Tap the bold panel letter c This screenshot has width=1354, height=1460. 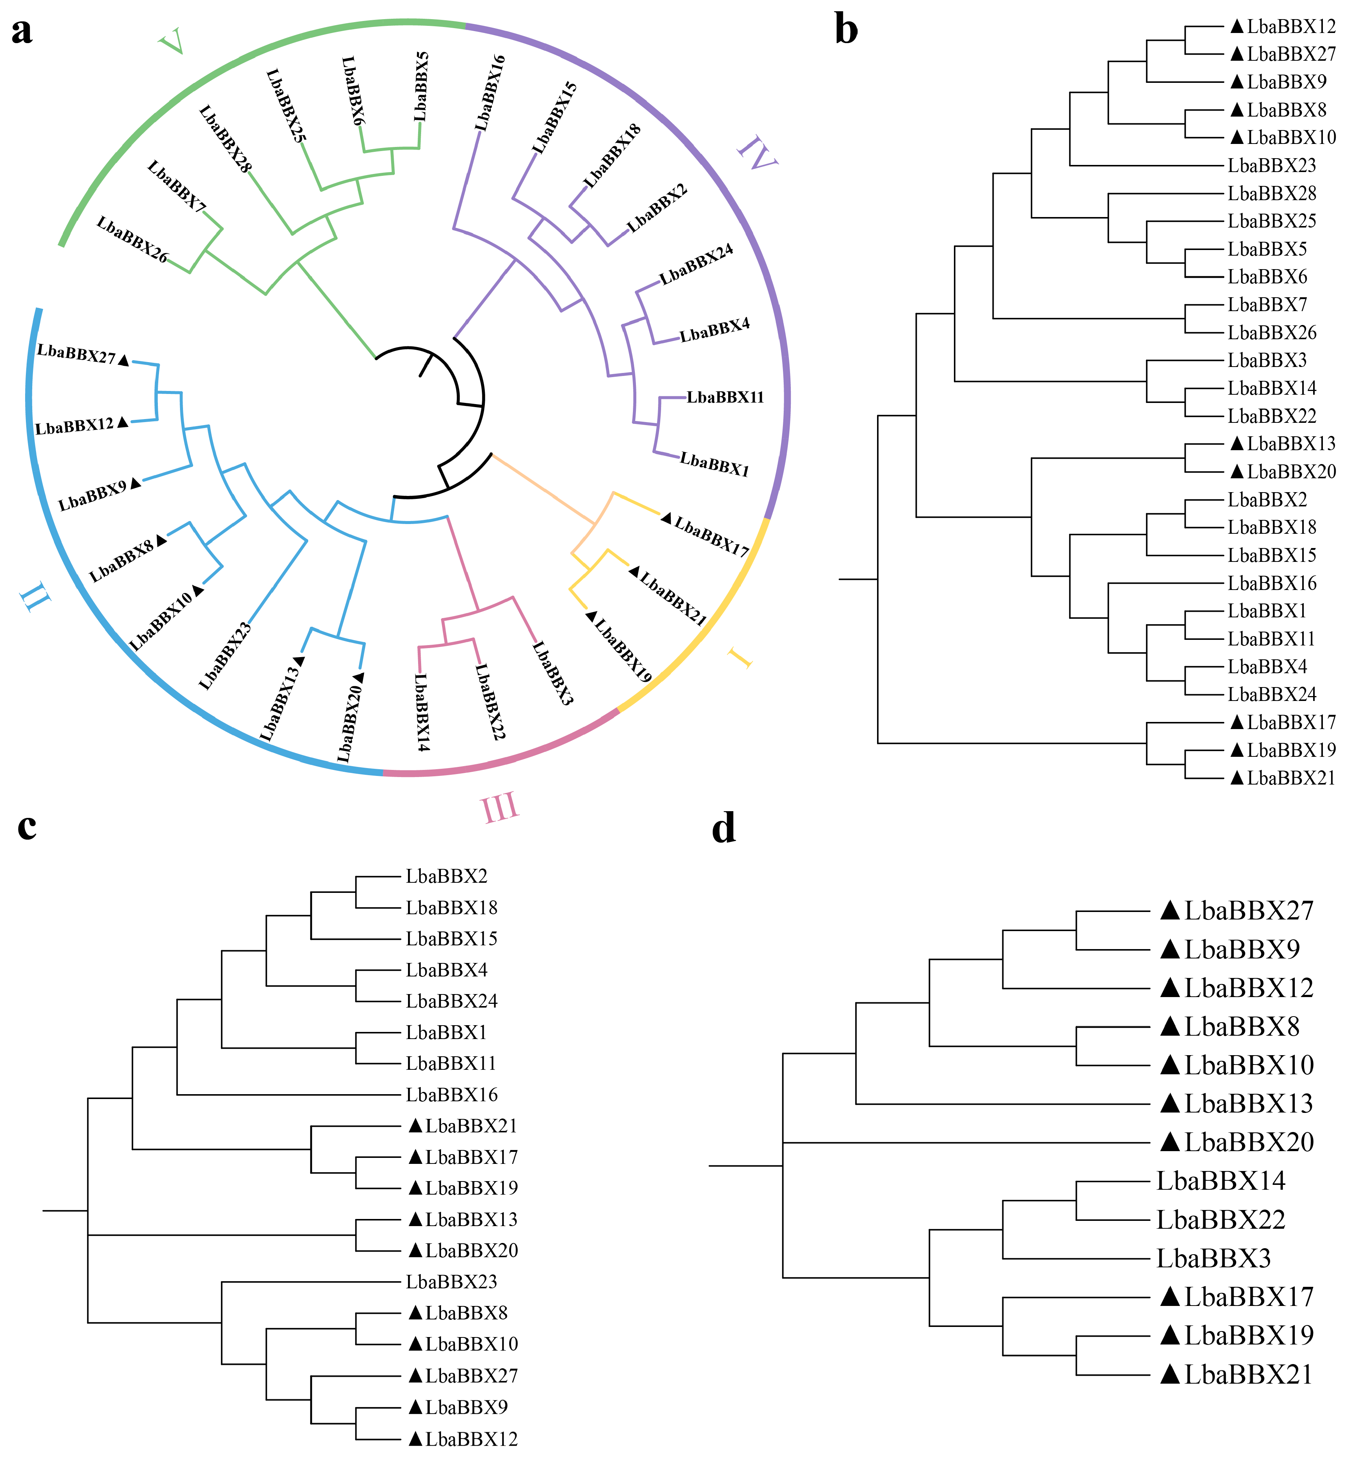pyautogui.click(x=27, y=826)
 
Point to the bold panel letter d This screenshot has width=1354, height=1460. pyautogui.click(x=724, y=828)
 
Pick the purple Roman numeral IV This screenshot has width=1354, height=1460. pyautogui.click(x=757, y=153)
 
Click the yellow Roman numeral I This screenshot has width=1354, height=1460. pyautogui.click(x=740, y=657)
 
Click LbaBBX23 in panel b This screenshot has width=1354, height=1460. pyautogui.click(x=1272, y=166)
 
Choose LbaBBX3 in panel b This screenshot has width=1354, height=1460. pyautogui.click(x=1267, y=361)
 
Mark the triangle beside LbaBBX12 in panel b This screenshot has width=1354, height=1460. pyautogui.click(x=1237, y=26)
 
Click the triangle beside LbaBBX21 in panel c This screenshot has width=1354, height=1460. pyautogui.click(x=415, y=1125)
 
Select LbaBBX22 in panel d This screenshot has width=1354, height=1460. pyautogui.click(x=1221, y=1220)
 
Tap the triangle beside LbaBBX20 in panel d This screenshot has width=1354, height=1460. pyautogui.click(x=1170, y=1142)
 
